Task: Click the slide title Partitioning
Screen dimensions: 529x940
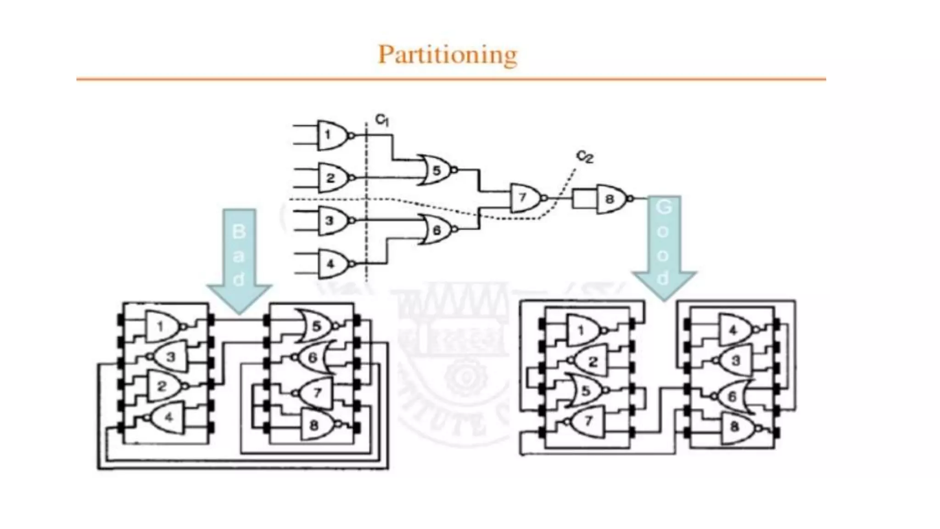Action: click(x=448, y=55)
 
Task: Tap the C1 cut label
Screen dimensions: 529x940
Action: click(x=382, y=120)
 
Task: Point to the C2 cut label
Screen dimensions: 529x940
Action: click(x=585, y=157)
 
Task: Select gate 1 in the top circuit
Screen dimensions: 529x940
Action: click(x=332, y=135)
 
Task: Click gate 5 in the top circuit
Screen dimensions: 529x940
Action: click(x=436, y=170)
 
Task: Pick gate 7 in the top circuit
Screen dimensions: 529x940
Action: click(x=525, y=198)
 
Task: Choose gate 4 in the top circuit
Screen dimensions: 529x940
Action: click(x=332, y=264)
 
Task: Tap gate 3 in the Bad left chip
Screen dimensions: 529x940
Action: click(x=170, y=357)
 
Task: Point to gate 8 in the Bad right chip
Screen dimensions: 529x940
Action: click(x=316, y=425)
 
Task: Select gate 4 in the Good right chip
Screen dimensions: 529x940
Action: click(x=735, y=330)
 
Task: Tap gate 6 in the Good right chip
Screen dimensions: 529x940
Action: click(x=733, y=396)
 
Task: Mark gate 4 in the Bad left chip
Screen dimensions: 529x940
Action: click(x=168, y=417)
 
